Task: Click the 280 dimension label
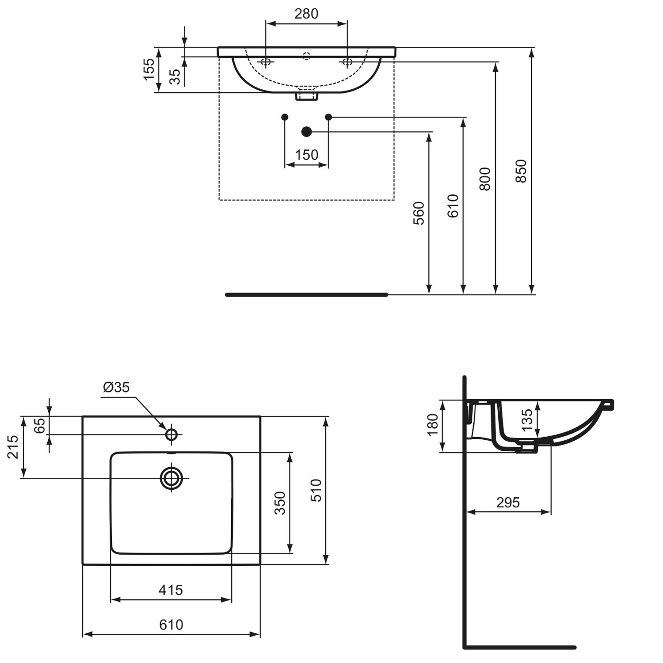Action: click(x=306, y=14)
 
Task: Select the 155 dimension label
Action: click(x=149, y=69)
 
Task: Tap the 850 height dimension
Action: click(x=522, y=171)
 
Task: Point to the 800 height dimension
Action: click(x=485, y=179)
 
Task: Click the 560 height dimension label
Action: click(x=419, y=213)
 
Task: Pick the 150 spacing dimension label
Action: click(x=306, y=155)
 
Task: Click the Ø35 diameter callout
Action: click(x=116, y=387)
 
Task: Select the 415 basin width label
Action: click(x=171, y=590)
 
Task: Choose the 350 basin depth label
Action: click(x=280, y=503)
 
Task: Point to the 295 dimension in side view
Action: click(x=508, y=503)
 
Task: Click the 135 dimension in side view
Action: click(x=527, y=420)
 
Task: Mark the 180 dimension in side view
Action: click(x=433, y=424)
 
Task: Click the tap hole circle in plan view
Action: click(x=171, y=434)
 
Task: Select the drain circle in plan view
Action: click(x=171, y=478)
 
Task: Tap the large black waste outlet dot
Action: click(x=306, y=132)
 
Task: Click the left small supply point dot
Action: click(x=285, y=117)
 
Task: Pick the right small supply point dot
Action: click(x=328, y=117)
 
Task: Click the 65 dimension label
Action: click(x=40, y=425)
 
